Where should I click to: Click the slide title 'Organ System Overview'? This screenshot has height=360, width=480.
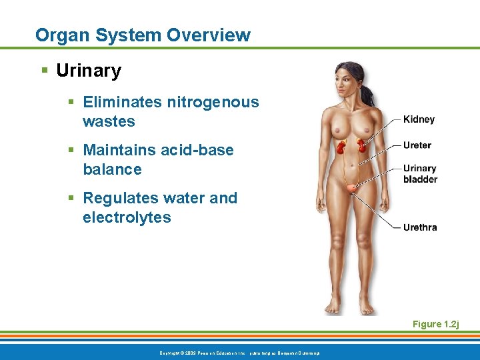tap(143, 35)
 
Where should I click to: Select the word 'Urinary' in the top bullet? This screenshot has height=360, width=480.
tap(89, 71)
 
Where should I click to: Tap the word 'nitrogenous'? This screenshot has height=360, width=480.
tap(213, 102)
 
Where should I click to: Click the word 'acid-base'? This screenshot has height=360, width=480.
tap(197, 150)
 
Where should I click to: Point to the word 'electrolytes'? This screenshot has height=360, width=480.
tap(127, 217)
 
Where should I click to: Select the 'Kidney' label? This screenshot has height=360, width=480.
tap(419, 119)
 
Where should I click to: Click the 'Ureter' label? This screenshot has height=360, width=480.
tap(417, 145)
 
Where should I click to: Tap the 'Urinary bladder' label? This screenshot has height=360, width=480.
tap(420, 173)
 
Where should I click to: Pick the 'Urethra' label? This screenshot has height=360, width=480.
tap(420, 227)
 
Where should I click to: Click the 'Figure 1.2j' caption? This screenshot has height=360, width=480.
tap(435, 324)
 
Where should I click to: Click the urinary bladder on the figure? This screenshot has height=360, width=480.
tap(351, 189)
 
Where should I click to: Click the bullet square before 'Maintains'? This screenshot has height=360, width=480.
tap(71, 150)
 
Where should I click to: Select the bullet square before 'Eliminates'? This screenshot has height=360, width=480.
tap(71, 102)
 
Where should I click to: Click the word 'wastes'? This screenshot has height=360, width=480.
tap(109, 121)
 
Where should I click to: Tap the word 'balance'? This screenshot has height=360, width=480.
tap(112, 169)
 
